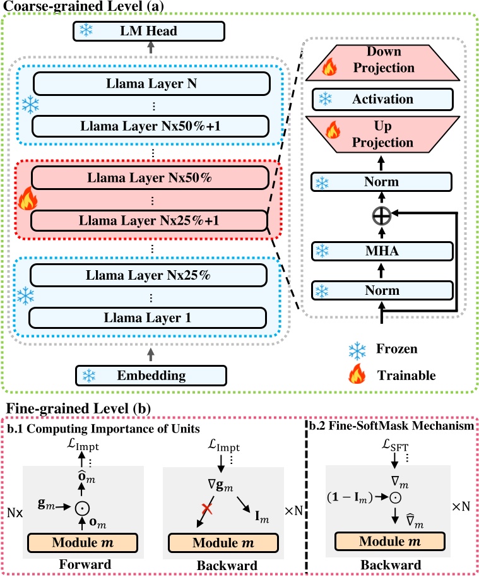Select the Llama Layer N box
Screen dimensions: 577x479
[152, 81]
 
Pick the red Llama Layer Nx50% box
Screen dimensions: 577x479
[152, 177]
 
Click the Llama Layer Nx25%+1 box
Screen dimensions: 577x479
[152, 221]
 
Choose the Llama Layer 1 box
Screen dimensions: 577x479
[152, 317]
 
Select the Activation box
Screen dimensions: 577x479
[383, 99]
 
